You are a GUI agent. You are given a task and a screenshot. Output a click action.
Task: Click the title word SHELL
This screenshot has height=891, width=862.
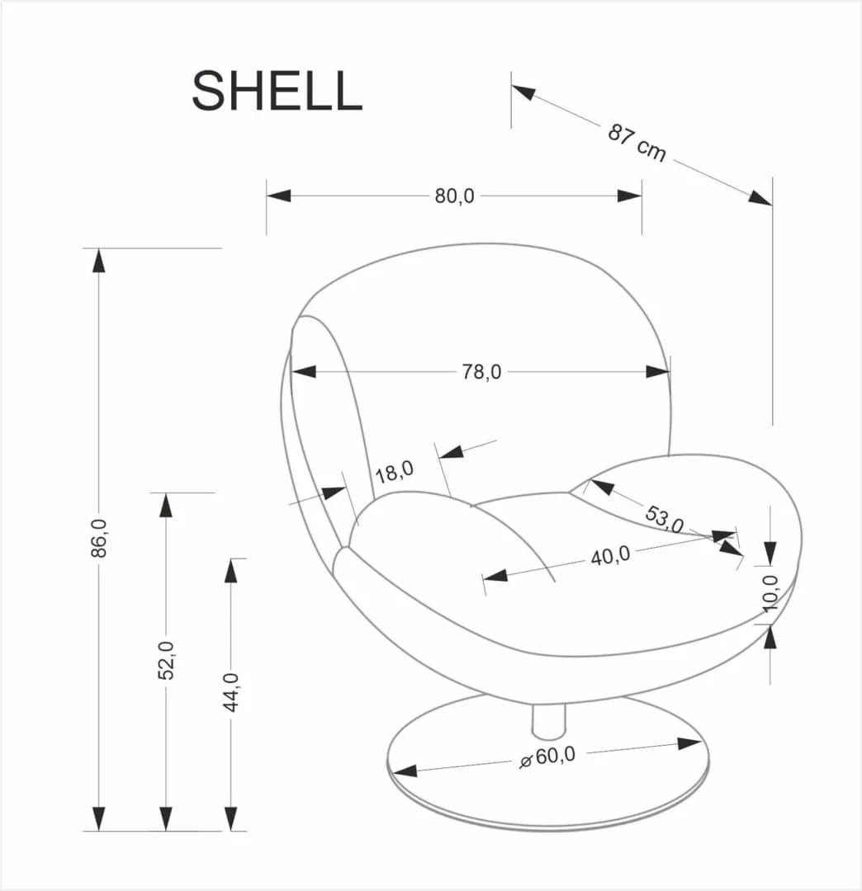[277, 91]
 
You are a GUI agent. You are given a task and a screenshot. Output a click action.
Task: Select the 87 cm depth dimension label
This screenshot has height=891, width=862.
[637, 143]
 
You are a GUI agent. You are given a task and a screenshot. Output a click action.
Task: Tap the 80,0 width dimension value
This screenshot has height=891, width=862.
[454, 196]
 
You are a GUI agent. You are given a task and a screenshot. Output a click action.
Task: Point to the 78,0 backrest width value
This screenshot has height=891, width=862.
[481, 372]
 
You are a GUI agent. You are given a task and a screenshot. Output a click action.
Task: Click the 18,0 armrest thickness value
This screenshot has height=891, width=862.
[394, 473]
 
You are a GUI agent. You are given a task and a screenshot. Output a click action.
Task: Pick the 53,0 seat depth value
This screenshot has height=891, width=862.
[665, 520]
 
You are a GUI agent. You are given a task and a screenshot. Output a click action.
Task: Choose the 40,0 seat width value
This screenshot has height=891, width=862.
[610, 555]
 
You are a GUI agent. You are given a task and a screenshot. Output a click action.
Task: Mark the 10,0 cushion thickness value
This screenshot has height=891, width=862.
[770, 592]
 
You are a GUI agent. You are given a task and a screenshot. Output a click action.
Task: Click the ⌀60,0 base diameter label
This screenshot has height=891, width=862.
[548, 757]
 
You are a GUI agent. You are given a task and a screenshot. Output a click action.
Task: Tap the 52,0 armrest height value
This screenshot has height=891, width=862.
[166, 660]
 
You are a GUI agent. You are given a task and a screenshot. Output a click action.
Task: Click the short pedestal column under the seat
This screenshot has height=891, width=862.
[549, 721]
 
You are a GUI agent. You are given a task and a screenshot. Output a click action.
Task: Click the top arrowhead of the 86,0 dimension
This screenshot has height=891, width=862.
[99, 259]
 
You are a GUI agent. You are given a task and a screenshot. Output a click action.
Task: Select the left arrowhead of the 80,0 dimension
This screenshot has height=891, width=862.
[278, 196]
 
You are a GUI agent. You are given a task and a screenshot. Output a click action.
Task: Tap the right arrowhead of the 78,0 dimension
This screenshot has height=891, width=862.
[658, 372]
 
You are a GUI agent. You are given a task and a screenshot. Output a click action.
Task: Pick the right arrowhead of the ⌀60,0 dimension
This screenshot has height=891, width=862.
[690, 743]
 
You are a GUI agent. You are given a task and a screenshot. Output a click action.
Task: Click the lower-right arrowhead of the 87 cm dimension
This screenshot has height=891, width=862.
[760, 199]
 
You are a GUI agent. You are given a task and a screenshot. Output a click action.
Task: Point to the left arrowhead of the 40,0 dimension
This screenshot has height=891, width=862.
[495, 575]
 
